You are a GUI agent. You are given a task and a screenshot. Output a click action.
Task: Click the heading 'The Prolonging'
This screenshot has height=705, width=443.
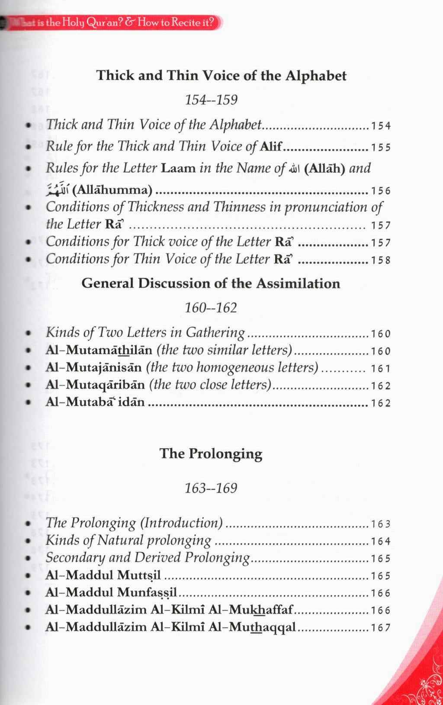(x=211, y=453)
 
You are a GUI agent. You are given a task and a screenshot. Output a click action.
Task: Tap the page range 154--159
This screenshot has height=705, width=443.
(x=211, y=100)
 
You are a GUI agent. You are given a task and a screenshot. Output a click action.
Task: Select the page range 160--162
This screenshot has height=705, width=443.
(x=211, y=308)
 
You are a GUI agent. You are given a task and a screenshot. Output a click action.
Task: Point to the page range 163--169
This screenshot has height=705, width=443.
(x=211, y=488)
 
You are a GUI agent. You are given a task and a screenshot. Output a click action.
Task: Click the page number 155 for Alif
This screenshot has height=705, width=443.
(x=381, y=147)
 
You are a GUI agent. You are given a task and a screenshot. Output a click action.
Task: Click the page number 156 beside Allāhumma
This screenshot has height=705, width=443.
(x=381, y=191)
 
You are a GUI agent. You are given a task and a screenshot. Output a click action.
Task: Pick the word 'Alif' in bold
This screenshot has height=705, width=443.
(x=271, y=147)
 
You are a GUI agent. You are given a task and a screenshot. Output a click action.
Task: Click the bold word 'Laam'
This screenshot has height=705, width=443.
(x=178, y=168)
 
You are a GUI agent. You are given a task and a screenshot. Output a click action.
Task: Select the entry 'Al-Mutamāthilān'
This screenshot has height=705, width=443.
(x=99, y=350)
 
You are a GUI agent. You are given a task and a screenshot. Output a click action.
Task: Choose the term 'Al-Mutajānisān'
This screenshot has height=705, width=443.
(x=93, y=367)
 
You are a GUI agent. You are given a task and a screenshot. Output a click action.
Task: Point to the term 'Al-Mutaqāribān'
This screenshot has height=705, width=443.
(x=95, y=385)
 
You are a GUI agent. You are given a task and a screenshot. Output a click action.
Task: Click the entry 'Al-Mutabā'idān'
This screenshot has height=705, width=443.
(x=95, y=402)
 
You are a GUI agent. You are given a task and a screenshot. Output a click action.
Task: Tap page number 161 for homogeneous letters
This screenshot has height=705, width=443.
(x=381, y=369)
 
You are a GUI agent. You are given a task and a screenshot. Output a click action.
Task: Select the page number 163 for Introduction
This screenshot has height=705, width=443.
(x=381, y=524)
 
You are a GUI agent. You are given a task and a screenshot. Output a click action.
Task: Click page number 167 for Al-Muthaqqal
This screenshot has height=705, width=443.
(x=381, y=628)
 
